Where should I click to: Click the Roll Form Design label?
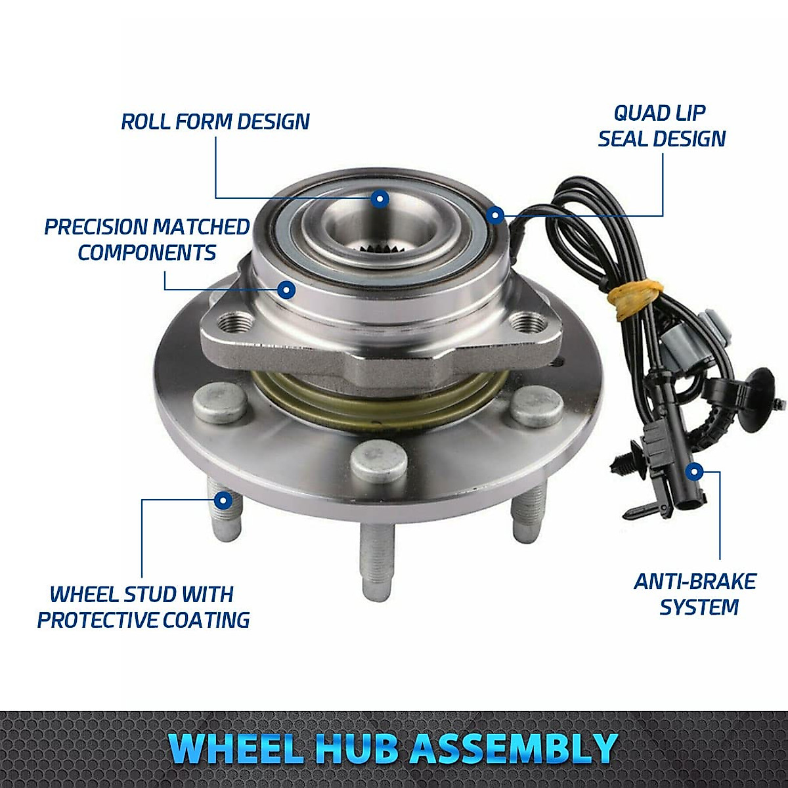click(215, 122)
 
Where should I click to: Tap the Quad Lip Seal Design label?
click(661, 126)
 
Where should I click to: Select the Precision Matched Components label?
click(147, 240)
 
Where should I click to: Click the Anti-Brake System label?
click(695, 594)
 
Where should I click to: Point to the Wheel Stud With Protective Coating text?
click(143, 607)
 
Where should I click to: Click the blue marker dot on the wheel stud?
click(223, 500)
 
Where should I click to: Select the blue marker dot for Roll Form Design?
click(380, 198)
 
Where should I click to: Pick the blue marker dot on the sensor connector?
click(693, 471)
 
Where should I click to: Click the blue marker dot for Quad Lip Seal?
click(496, 214)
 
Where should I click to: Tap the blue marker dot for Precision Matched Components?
click(286, 289)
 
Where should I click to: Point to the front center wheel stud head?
click(378, 462)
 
